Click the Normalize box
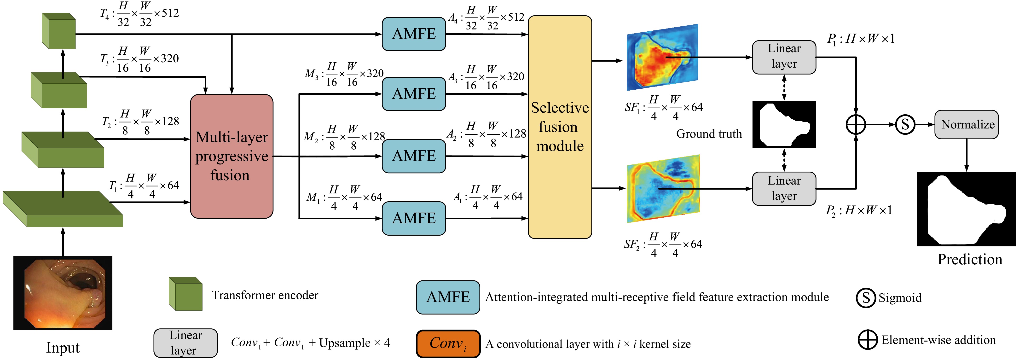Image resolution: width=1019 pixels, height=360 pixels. coord(966,125)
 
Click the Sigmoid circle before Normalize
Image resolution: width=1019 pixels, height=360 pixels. coord(905,125)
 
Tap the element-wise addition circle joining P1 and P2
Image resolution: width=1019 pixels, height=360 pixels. coord(856,125)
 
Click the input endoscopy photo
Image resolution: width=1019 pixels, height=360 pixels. coord(63,293)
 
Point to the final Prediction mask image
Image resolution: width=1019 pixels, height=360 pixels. coord(966,209)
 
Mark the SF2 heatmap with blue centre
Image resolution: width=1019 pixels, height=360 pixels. coord(663,188)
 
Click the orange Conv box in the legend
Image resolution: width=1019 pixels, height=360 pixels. coord(448,343)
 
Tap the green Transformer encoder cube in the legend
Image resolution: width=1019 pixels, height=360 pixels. coord(185,294)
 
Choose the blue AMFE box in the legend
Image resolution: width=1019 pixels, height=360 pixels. coord(448,297)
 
